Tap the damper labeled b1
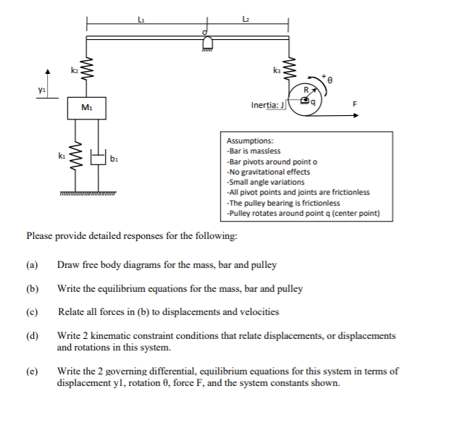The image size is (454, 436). pos(97,157)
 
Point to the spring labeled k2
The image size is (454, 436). pos(88,70)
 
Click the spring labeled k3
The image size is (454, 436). pos(293,71)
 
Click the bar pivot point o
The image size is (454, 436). pos(206,33)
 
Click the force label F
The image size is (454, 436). pos(354,104)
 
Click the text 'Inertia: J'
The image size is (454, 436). pos(269,106)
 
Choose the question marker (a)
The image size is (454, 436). pos(31,265)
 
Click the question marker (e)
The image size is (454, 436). pos(31,372)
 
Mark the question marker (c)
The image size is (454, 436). pos(31,312)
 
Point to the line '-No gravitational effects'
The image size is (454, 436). pos(268,172)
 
